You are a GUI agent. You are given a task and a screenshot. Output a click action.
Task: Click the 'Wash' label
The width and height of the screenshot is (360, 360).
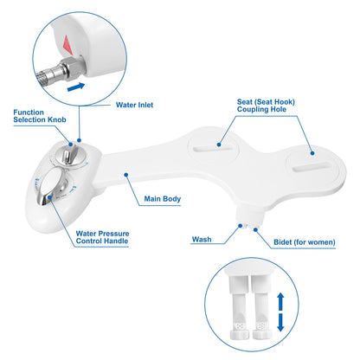(x=202, y=239)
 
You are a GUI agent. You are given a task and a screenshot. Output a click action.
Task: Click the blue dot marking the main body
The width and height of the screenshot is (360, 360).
(x=126, y=174)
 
